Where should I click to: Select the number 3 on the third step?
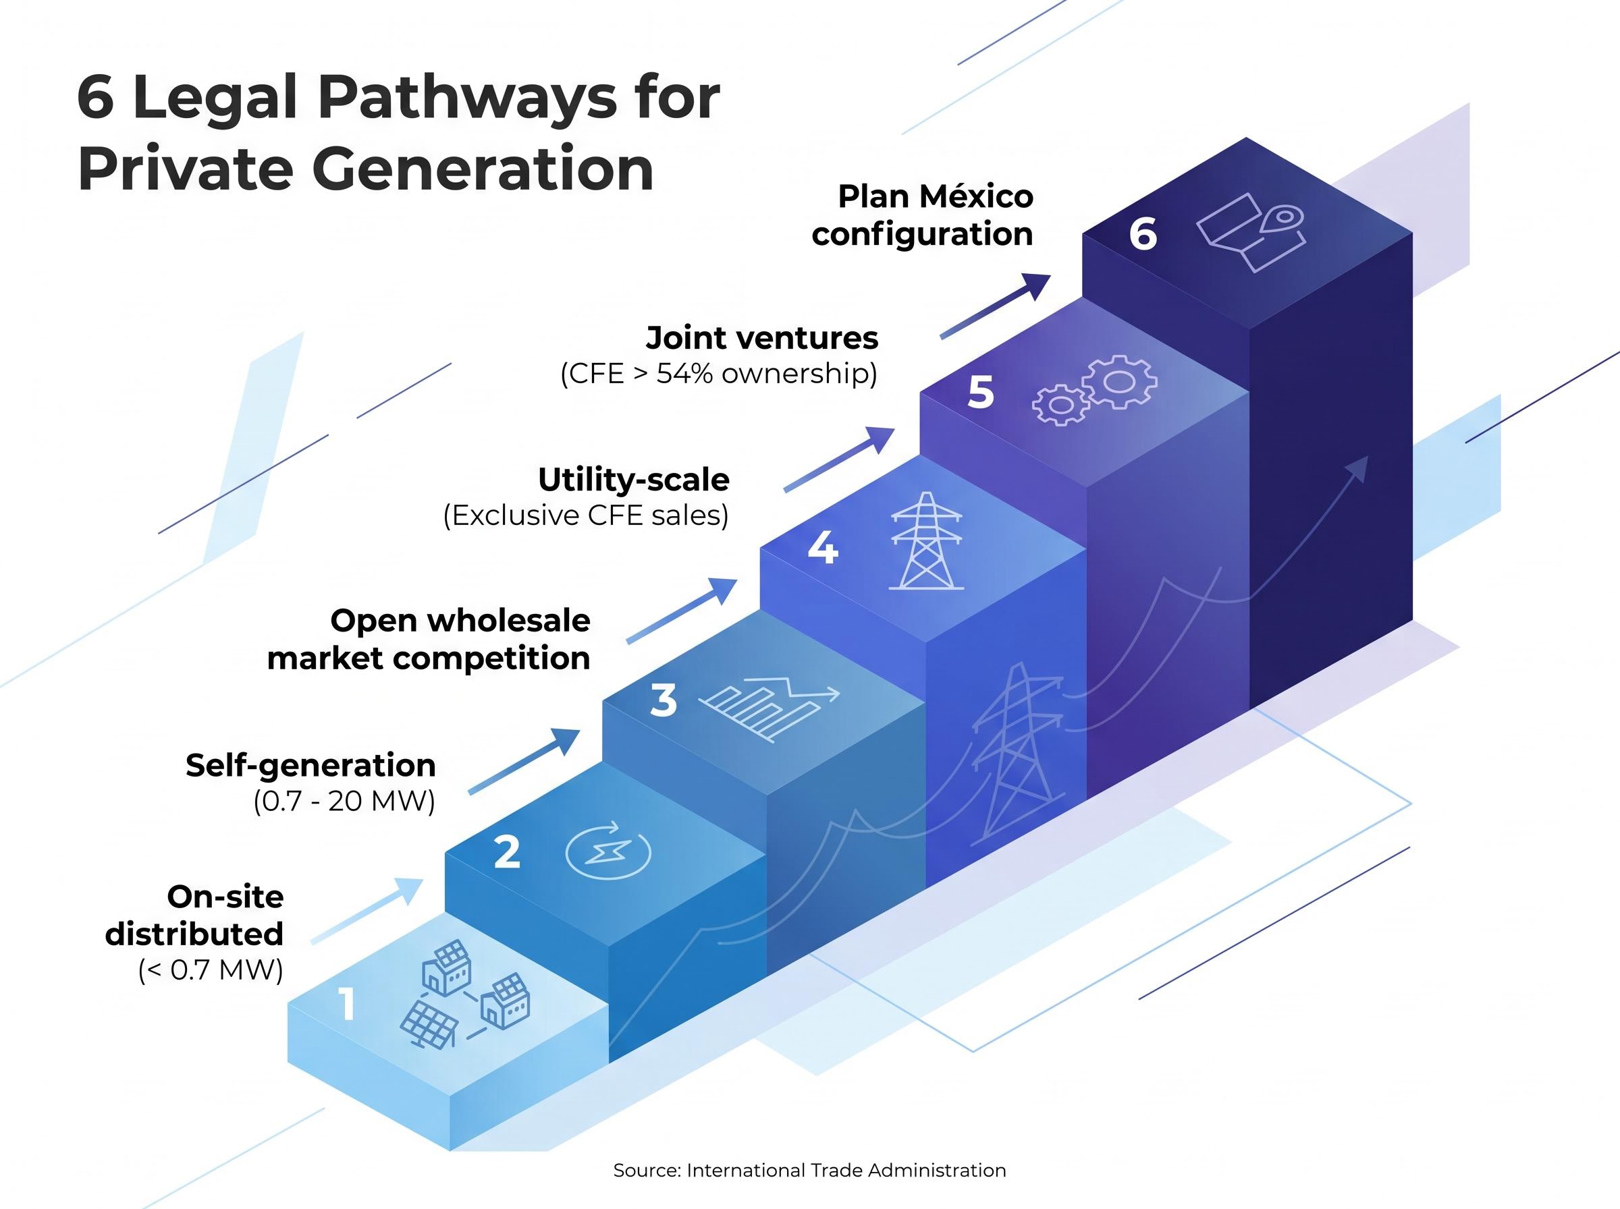pos(664,700)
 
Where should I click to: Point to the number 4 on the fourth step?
pos(823,547)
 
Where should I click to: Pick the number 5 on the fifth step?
pos(981,391)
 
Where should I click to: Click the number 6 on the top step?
pos(1143,233)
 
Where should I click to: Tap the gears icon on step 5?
pos(1094,390)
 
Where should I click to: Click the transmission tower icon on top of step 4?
pos(926,541)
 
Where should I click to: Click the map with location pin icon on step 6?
pos(1251,233)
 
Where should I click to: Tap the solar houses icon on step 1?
pos(465,994)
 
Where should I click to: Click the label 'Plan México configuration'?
pos(922,215)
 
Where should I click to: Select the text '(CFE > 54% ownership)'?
pos(719,374)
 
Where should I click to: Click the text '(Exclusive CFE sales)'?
pos(587,516)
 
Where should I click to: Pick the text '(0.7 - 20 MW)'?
pos(344,802)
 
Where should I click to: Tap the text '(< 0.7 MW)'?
pos(211,970)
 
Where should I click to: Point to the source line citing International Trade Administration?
pos(809,1171)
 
